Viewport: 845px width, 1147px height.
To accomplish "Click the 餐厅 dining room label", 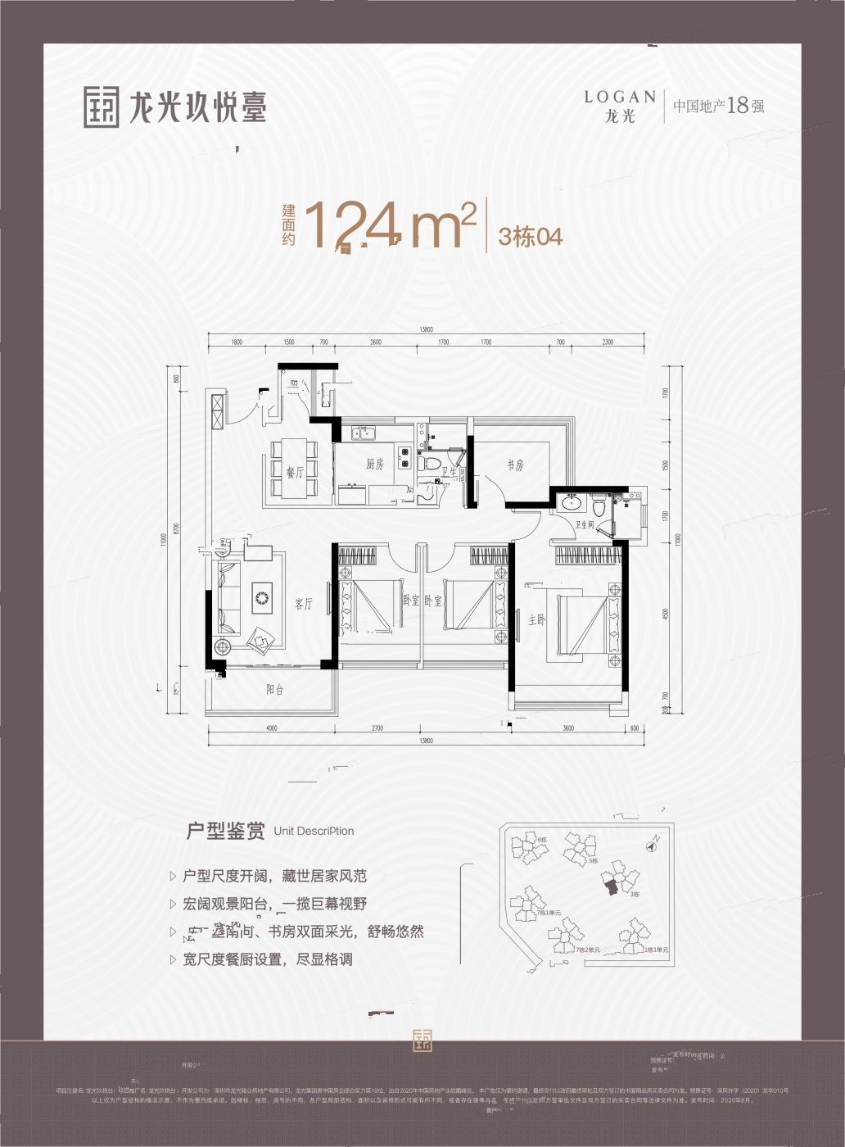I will click(x=295, y=472).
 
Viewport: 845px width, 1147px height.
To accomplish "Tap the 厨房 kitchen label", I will click(x=375, y=465).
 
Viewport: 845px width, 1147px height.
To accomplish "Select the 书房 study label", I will click(x=514, y=465).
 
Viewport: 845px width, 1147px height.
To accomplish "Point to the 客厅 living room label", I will click(x=303, y=605).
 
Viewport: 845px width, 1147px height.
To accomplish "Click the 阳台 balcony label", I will click(x=274, y=690).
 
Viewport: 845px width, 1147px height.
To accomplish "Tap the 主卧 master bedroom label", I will click(x=535, y=621).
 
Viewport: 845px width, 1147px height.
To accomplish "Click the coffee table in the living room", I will click(x=261, y=597).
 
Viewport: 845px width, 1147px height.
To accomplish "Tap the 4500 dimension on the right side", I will click(x=666, y=615).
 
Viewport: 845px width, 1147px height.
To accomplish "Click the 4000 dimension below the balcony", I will click(x=271, y=728).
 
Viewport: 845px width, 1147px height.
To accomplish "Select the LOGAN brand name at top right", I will click(x=620, y=97).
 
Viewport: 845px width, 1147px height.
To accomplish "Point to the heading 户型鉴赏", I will click(x=225, y=832).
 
